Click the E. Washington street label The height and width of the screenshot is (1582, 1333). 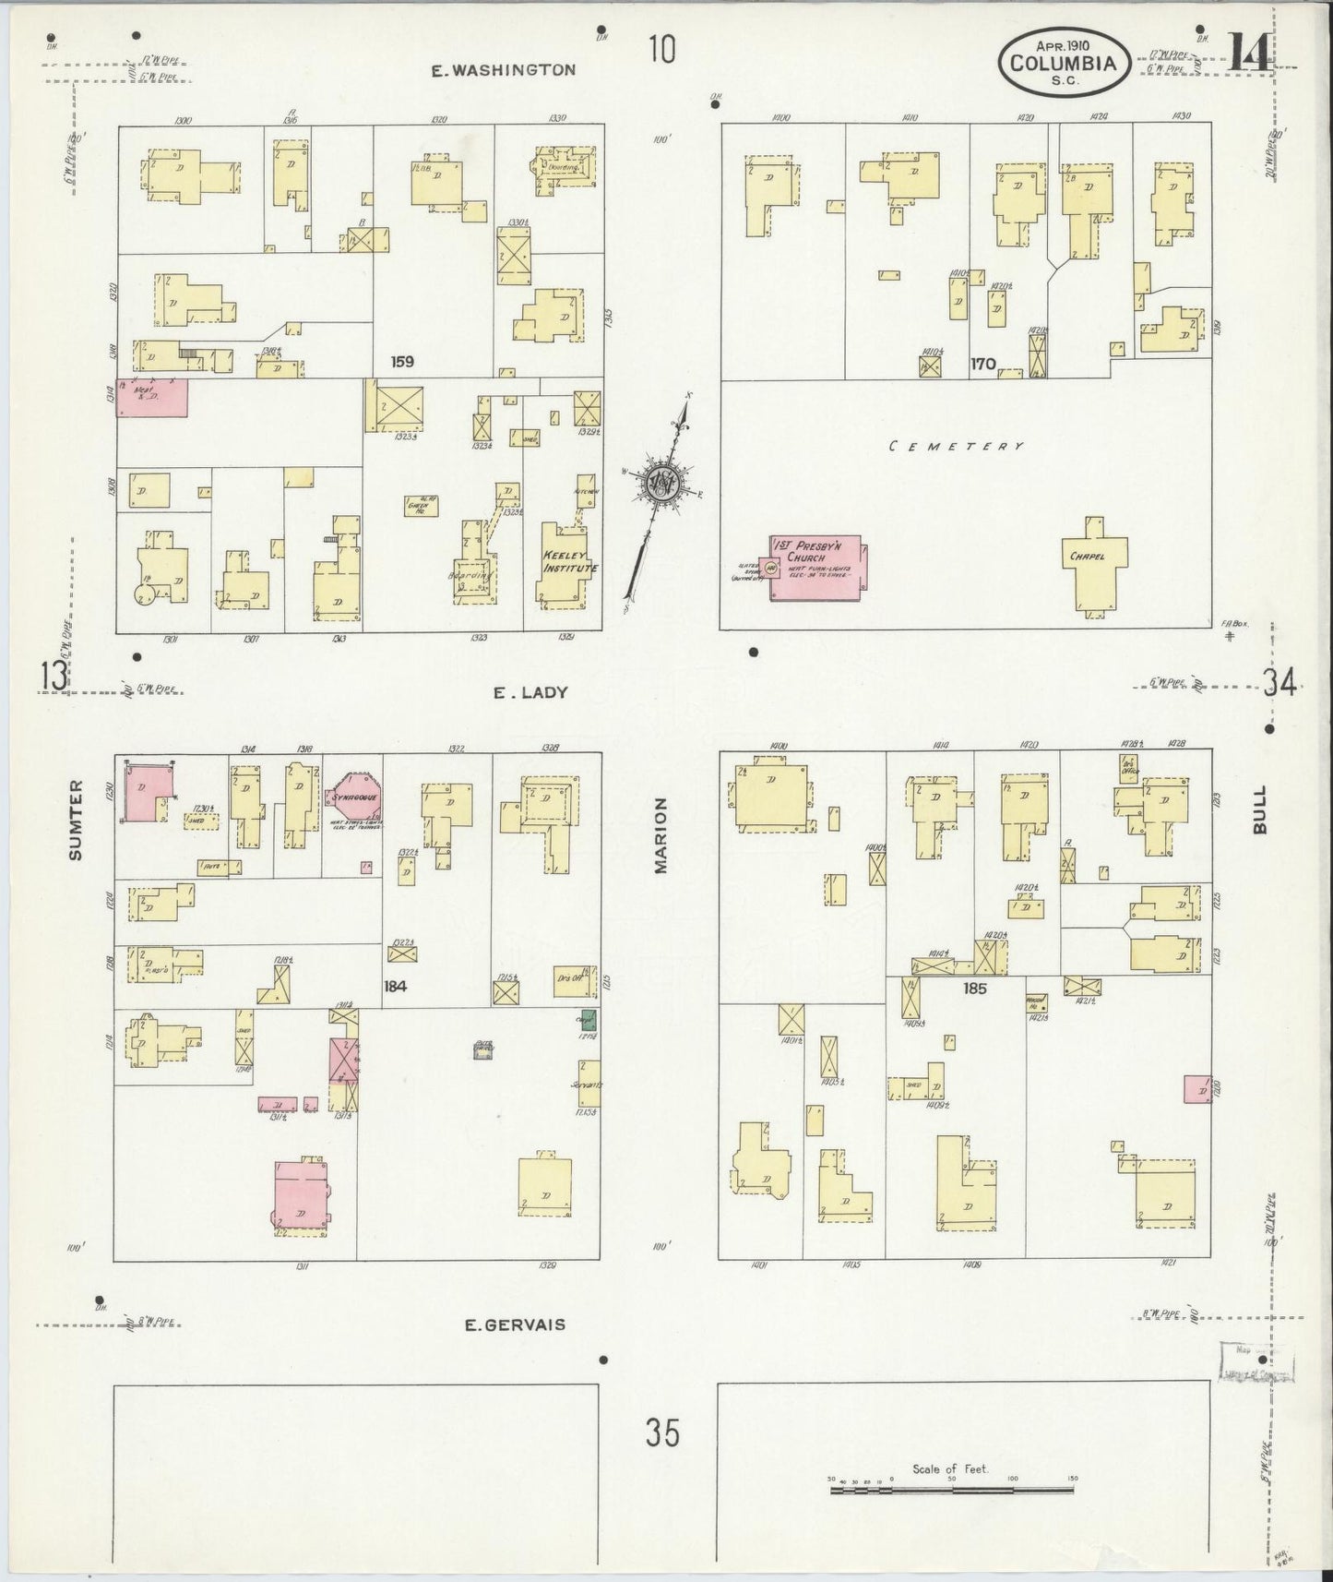point(504,69)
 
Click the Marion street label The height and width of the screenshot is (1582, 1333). point(661,836)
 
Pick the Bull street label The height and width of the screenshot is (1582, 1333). point(1260,809)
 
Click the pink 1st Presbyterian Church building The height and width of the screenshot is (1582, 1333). point(817,568)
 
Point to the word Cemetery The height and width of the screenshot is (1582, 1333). point(957,447)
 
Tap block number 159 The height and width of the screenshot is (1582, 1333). point(401,362)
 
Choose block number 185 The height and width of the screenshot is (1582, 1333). point(974,989)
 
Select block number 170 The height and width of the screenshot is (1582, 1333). point(982,365)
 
